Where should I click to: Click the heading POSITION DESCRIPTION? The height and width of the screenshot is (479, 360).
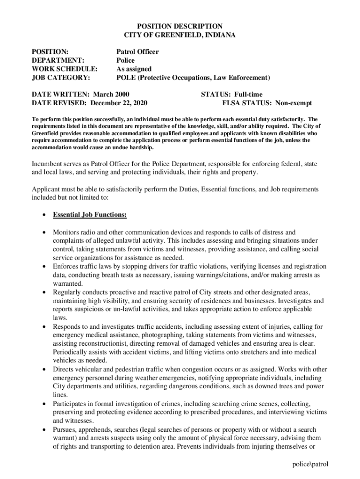173,26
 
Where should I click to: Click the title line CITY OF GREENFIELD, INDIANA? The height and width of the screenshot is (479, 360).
173,35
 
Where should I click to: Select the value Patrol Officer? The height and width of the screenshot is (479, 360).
137,52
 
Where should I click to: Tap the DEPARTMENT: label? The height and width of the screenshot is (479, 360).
58,60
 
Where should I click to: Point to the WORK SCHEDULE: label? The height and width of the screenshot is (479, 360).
65,69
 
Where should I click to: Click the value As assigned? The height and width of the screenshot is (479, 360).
134,69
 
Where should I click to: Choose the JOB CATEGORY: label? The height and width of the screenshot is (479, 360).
61,77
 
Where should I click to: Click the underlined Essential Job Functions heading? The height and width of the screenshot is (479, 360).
90,215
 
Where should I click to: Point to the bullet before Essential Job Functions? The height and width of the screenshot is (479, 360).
43,215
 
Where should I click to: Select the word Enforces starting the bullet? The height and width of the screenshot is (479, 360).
66,266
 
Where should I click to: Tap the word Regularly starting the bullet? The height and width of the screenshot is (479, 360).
68,292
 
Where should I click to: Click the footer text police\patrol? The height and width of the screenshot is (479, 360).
309,464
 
